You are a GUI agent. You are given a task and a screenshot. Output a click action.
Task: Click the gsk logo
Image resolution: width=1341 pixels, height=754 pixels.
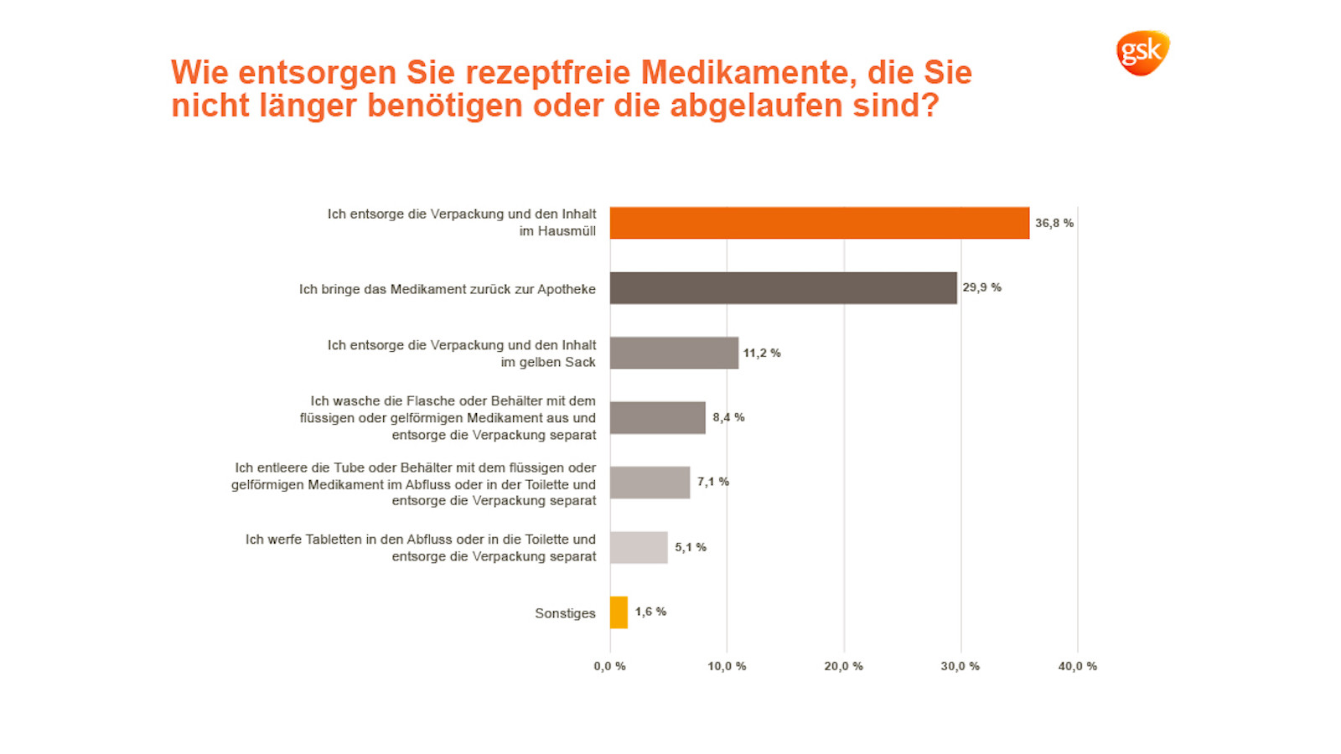coord(1142,54)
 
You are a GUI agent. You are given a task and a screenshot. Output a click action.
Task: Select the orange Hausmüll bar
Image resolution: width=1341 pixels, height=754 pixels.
coord(819,223)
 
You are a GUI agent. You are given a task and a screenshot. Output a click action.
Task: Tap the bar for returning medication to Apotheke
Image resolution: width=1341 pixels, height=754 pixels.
coord(783,288)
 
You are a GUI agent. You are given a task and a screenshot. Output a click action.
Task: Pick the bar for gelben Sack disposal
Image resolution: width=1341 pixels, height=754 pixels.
coord(674,353)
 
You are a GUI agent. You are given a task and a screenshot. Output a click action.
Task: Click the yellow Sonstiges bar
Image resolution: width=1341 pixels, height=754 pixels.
coord(619,612)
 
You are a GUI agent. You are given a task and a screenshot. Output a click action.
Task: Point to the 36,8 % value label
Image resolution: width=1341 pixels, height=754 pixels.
coord(1054,223)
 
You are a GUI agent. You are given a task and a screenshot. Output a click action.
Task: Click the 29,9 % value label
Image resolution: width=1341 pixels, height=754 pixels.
coord(981,287)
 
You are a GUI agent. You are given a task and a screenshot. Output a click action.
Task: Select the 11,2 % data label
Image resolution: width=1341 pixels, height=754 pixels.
coord(761,353)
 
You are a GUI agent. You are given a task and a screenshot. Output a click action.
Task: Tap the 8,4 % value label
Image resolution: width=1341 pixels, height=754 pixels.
coord(728,417)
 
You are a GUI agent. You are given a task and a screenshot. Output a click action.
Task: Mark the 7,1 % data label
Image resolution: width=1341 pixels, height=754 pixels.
coord(712,482)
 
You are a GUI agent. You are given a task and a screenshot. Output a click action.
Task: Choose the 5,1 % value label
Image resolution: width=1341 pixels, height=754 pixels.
coord(690,547)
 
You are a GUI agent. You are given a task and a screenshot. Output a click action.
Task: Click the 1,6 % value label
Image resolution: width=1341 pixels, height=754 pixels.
coord(650,612)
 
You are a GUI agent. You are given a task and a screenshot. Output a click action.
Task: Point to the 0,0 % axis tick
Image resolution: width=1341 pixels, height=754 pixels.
coord(609,666)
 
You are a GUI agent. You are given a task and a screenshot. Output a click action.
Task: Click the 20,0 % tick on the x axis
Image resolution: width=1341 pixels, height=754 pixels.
coord(843,666)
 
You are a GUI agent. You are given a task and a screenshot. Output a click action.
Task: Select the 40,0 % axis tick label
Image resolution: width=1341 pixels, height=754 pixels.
coord(1077,666)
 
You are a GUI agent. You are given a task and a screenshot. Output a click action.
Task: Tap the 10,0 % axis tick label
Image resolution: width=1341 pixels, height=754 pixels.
coord(727,666)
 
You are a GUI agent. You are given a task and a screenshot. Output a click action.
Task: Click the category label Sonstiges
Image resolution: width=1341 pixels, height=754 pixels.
coord(565,613)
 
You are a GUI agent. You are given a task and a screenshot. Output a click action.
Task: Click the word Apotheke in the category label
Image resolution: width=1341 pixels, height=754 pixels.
coord(567,289)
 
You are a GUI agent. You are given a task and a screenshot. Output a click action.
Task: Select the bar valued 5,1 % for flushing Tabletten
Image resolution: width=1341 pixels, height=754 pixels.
coord(639,547)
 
